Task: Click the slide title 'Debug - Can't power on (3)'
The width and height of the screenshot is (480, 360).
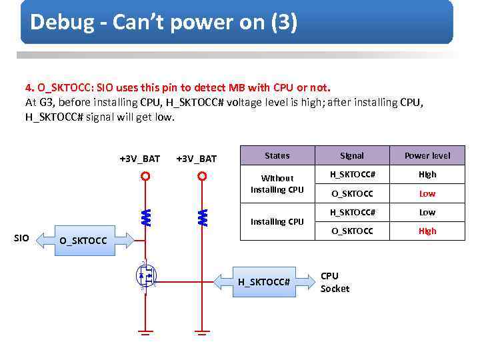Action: coord(163,23)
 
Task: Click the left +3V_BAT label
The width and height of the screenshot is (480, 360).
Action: coord(139,159)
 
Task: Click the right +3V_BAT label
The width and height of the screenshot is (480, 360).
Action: coord(196,159)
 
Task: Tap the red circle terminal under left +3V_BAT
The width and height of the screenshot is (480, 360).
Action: coord(145,177)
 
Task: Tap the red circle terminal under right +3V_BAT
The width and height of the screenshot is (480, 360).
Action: coord(202,177)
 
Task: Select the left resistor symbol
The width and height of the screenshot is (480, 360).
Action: coord(145,216)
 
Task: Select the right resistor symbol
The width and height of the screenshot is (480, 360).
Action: coord(203,216)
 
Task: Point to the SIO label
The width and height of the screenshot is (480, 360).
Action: coord(22,238)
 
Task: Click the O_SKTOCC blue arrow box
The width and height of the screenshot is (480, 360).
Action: coord(83,239)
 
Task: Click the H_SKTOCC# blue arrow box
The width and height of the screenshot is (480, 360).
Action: coord(266,282)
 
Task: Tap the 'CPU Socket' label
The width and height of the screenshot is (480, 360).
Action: coord(335,282)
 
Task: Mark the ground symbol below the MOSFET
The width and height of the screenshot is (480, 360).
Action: coord(145,331)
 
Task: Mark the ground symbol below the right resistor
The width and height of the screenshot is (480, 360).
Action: coord(203,331)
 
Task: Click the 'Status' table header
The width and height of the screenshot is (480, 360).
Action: coord(277,155)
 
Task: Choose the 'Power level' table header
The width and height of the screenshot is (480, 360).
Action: coord(427,155)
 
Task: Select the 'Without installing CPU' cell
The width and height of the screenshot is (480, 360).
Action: coord(277,183)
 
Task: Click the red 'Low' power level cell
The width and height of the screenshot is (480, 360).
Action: coord(427,193)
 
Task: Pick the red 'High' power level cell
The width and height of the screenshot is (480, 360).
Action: coord(427,231)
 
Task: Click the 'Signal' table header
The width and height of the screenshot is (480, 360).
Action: coord(352,155)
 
